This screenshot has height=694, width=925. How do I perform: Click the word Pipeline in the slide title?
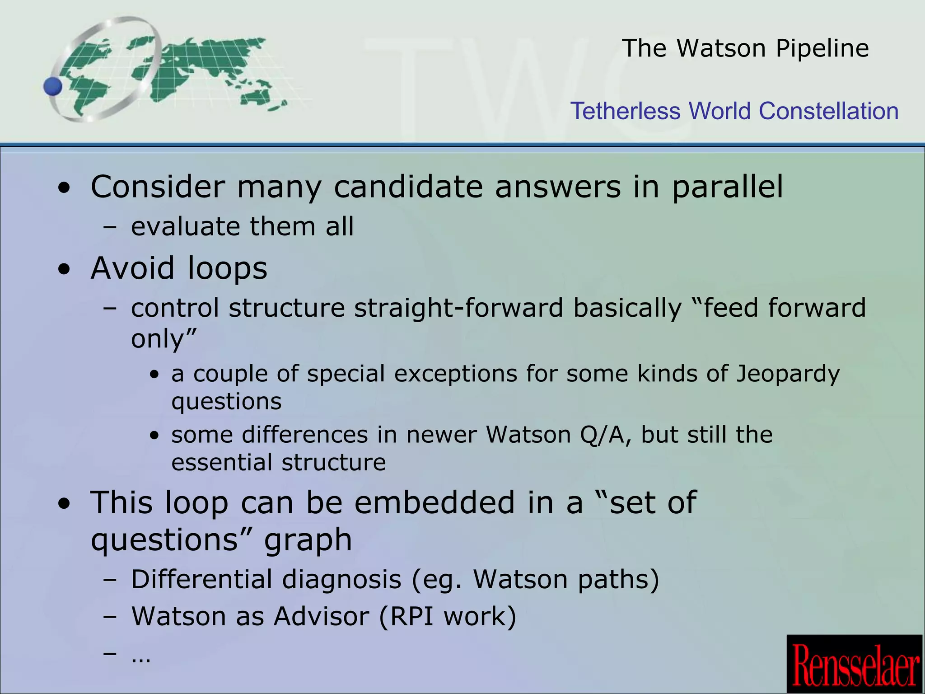coord(822,48)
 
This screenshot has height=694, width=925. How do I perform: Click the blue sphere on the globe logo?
coord(53,86)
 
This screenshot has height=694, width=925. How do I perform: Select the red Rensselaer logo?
coord(855,664)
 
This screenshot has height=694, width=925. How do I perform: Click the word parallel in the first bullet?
coord(727,187)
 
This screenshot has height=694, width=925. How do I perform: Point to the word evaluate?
coord(185,226)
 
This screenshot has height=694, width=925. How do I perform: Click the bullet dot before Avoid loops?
coord(65,269)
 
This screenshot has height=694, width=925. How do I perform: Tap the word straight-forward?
coord(458,308)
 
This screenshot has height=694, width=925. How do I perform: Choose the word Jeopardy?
coord(788,374)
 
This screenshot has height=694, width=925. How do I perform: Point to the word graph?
coord(308,540)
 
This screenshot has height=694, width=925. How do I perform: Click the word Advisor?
coord(321,616)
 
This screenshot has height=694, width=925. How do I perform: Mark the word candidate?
coord(408,187)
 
